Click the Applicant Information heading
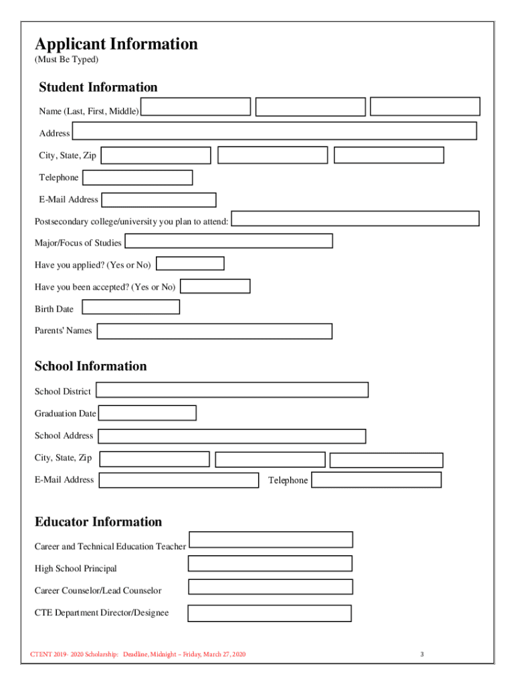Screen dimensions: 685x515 116,44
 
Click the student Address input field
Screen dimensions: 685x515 274,131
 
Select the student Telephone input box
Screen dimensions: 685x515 137,177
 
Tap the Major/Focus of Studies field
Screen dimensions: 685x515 229,241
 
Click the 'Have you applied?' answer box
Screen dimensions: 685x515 190,264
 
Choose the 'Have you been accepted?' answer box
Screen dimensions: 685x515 215,286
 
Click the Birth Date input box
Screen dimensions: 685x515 130,307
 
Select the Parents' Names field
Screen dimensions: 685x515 214,331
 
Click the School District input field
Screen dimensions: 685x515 232,390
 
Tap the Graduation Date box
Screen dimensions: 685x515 147,413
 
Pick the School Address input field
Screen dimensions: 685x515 231,436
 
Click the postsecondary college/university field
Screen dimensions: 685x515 355,219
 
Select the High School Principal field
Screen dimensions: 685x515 270,563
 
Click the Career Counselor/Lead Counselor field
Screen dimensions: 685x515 270,587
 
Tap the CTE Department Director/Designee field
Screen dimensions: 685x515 269,613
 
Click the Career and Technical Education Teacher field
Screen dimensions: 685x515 271,540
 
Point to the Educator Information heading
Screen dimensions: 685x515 98,522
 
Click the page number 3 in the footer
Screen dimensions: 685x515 422,654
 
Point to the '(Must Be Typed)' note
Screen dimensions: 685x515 66,60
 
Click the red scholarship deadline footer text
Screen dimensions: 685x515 138,654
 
